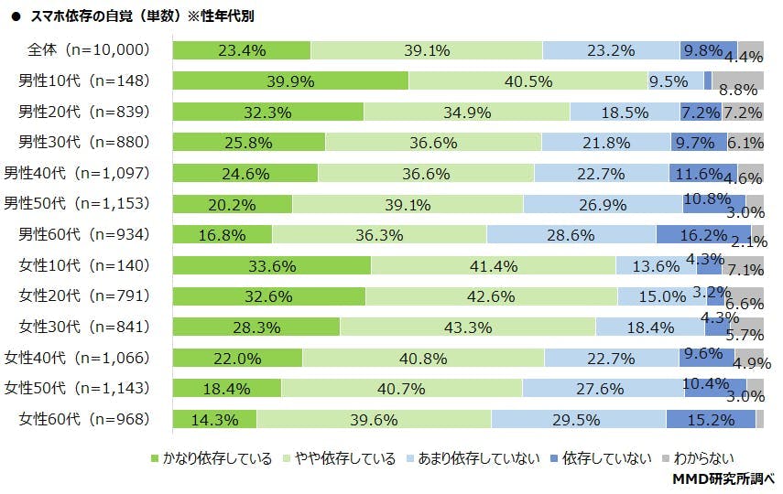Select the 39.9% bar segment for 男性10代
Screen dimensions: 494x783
[290, 81]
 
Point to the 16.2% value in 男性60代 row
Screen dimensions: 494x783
[703, 235]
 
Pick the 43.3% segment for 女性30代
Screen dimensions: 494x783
[467, 328]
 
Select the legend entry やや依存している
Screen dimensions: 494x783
[339, 458]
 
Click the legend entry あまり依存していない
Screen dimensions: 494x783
[476, 458]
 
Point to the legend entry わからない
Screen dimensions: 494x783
[701, 458]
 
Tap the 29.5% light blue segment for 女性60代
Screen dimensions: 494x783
[578, 420]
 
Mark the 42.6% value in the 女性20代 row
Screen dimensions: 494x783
[491, 296]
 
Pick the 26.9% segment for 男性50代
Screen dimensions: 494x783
[603, 204]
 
